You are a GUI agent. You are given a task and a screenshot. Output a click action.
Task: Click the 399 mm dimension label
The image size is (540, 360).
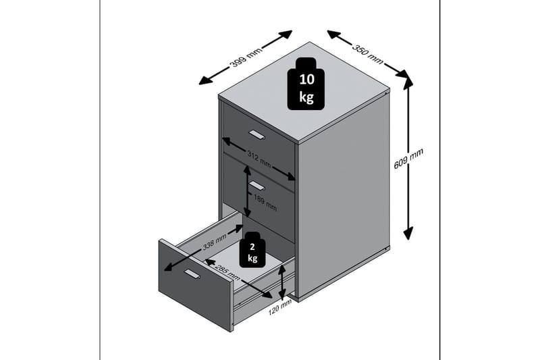[x=246, y=56]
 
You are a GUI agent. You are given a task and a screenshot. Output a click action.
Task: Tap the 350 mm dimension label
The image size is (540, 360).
[x=367, y=54]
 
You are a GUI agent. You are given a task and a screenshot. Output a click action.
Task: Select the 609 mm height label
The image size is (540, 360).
[x=408, y=159]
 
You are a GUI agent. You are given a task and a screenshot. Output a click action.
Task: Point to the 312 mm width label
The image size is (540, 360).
[x=259, y=159]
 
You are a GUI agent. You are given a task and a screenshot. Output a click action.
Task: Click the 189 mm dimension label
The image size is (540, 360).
[x=265, y=203]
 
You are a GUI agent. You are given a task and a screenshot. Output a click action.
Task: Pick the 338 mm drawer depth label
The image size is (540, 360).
[x=215, y=242]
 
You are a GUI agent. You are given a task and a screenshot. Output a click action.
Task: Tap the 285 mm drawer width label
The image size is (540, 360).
[x=227, y=273]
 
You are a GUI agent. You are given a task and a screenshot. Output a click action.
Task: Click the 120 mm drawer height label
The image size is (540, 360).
[x=280, y=307]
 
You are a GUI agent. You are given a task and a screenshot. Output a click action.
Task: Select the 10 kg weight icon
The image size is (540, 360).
[x=306, y=84]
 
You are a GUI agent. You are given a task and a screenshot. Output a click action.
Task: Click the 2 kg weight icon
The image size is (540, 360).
[x=252, y=250]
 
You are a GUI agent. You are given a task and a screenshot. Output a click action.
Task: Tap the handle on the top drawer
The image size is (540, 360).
[x=257, y=134]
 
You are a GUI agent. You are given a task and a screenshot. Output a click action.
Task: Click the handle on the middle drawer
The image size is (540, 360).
[x=257, y=186]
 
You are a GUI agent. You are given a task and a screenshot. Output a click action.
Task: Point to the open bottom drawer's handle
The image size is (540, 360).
[x=192, y=274]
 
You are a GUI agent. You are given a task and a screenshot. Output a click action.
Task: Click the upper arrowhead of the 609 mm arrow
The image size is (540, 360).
[x=408, y=82]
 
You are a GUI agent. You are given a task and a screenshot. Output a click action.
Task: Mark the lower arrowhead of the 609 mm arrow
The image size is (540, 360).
[x=408, y=234]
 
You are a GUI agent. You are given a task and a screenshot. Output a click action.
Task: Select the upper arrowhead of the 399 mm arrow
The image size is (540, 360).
[x=286, y=34]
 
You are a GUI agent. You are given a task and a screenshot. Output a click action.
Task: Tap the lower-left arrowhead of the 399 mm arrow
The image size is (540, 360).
[x=205, y=80]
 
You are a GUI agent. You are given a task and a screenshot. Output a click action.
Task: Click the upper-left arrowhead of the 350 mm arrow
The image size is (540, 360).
[x=333, y=34]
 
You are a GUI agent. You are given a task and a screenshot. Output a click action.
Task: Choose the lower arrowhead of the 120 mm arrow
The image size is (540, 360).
[x=282, y=296]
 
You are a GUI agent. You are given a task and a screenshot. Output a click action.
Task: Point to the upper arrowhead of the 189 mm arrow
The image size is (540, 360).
[x=247, y=170]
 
